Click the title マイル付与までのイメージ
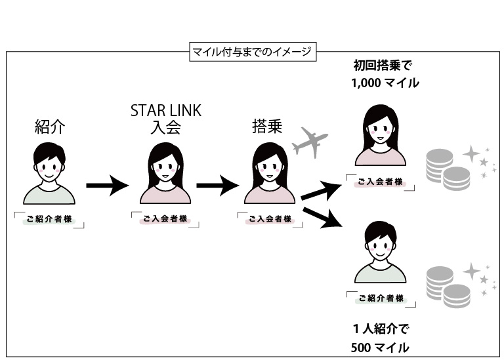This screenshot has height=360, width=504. [x=251, y=50]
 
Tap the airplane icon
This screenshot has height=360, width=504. [x=309, y=142]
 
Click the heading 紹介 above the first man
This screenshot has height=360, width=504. [x=49, y=127]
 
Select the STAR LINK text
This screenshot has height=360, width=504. [x=165, y=110]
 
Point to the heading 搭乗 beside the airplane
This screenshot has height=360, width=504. [x=267, y=127]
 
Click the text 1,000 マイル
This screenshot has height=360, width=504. [x=385, y=83]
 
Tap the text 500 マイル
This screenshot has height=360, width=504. [x=380, y=346]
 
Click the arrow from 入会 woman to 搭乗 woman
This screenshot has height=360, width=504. [x=217, y=185]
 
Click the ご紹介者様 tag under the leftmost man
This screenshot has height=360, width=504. [x=50, y=220]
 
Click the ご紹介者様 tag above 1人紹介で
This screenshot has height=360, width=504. [x=380, y=298]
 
